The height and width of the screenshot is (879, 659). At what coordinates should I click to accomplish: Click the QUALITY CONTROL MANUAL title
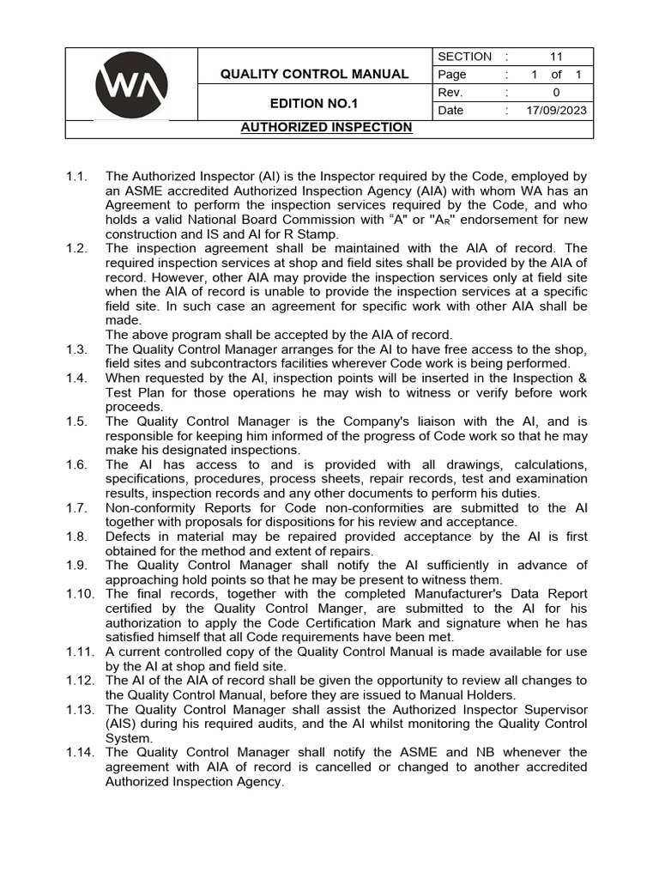click(x=314, y=74)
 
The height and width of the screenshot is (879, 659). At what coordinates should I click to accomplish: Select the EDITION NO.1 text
click(x=314, y=104)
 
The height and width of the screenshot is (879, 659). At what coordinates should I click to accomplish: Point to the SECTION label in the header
click(x=464, y=57)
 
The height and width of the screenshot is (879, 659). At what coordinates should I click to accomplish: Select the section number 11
click(x=556, y=57)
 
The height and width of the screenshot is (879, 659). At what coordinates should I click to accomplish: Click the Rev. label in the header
click(x=450, y=93)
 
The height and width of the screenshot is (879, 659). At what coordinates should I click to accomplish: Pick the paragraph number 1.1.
click(x=77, y=177)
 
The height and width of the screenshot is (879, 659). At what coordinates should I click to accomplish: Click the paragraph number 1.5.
click(x=77, y=421)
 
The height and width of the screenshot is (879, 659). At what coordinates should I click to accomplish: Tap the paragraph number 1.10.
click(x=81, y=594)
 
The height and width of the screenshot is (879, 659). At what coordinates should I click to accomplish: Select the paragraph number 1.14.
click(x=81, y=753)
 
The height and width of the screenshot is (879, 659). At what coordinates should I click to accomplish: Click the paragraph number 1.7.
click(x=77, y=508)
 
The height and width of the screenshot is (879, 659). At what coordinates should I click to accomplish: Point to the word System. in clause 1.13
click(x=129, y=738)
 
